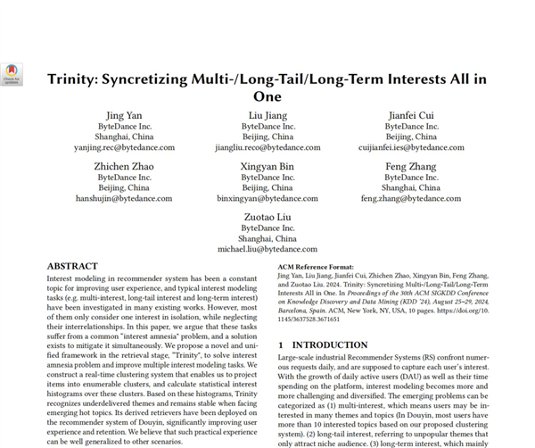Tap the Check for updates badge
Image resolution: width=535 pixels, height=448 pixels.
[x=12, y=73]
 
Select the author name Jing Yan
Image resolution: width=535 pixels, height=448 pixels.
[x=124, y=116]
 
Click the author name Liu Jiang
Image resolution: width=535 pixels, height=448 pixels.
[x=267, y=116]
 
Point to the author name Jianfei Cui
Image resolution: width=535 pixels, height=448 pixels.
[x=411, y=116]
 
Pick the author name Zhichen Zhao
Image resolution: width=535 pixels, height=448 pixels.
[x=124, y=166]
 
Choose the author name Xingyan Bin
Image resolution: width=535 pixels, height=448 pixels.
[x=267, y=166]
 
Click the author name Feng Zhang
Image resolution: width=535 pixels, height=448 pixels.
[x=411, y=166]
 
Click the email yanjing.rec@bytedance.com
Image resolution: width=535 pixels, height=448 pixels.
[x=124, y=148]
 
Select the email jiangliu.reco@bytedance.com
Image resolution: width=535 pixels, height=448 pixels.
[x=267, y=148]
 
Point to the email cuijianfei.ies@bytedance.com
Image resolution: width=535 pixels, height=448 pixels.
[x=411, y=148]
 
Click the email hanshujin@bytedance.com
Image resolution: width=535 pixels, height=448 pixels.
[x=124, y=198]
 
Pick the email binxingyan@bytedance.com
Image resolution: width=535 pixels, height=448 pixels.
[x=267, y=198]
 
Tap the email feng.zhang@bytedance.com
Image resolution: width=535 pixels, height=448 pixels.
[x=411, y=198]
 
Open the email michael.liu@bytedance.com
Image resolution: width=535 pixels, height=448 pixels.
[x=267, y=249]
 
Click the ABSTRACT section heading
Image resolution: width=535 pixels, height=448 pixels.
[x=72, y=266]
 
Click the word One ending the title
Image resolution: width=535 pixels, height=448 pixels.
[x=267, y=96]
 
